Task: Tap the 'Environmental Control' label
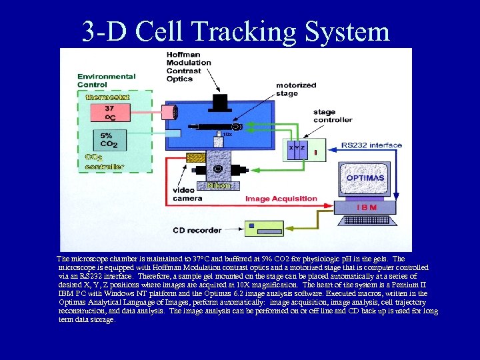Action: (106, 81)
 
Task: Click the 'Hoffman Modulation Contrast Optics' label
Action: (189, 67)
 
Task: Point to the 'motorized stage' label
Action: (296, 89)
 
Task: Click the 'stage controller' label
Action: (333, 116)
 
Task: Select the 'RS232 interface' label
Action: (371, 145)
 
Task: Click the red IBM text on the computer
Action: (367, 207)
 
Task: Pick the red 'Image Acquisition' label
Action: (281, 199)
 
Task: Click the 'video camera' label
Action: (187, 194)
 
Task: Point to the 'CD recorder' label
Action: (197, 231)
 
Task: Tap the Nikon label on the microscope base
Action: (219, 186)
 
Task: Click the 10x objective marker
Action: (227, 135)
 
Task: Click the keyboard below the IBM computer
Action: (369, 220)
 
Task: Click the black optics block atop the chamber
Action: (220, 101)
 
